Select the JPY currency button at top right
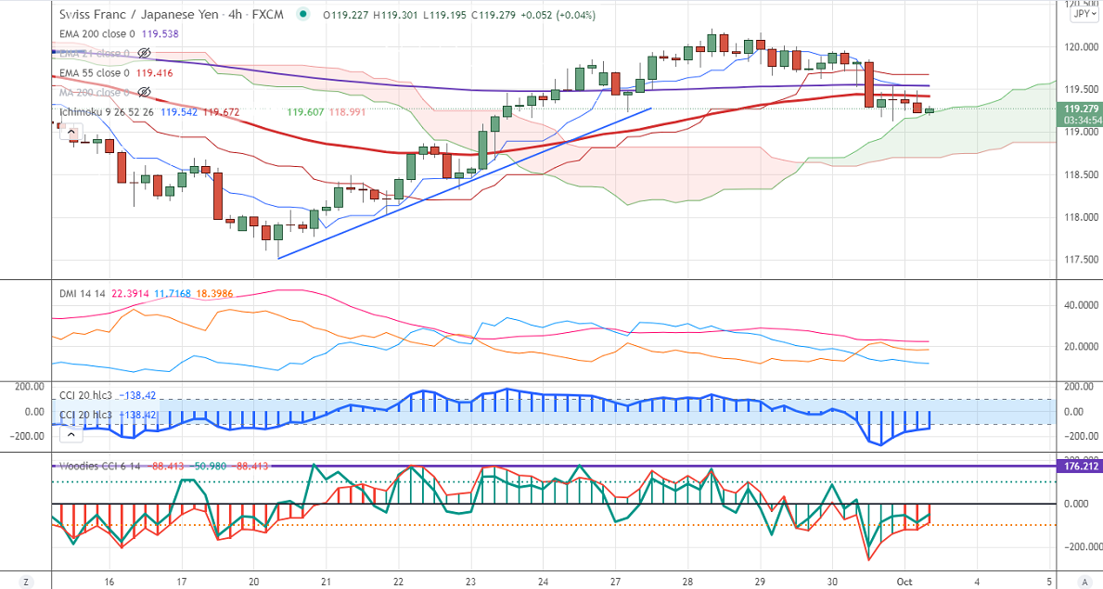pos(1081,14)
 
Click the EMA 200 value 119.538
pos(154,33)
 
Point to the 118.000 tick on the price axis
pos(1076,217)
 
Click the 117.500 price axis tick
pos(1076,260)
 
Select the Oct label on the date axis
pos(905,581)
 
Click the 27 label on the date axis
pos(614,581)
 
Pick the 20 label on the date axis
pos(254,581)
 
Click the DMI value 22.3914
pos(130,293)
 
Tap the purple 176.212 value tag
pos(1080,467)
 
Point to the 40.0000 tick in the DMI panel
pos(1078,305)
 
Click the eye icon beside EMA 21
pos(143,53)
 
